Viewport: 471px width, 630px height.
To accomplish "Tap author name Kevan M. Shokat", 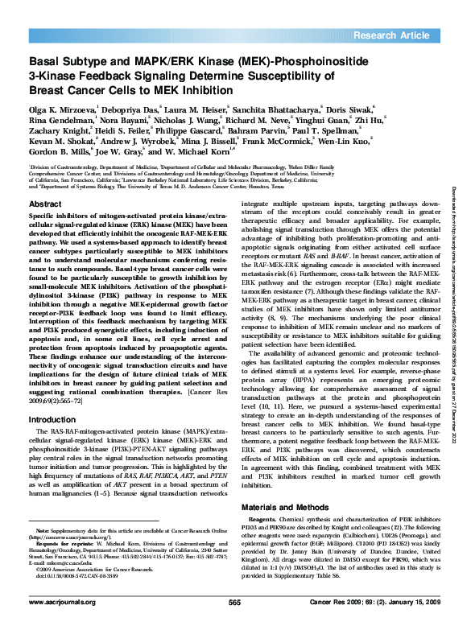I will point(56,141).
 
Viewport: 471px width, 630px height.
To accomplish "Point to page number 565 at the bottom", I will point(235,602).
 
